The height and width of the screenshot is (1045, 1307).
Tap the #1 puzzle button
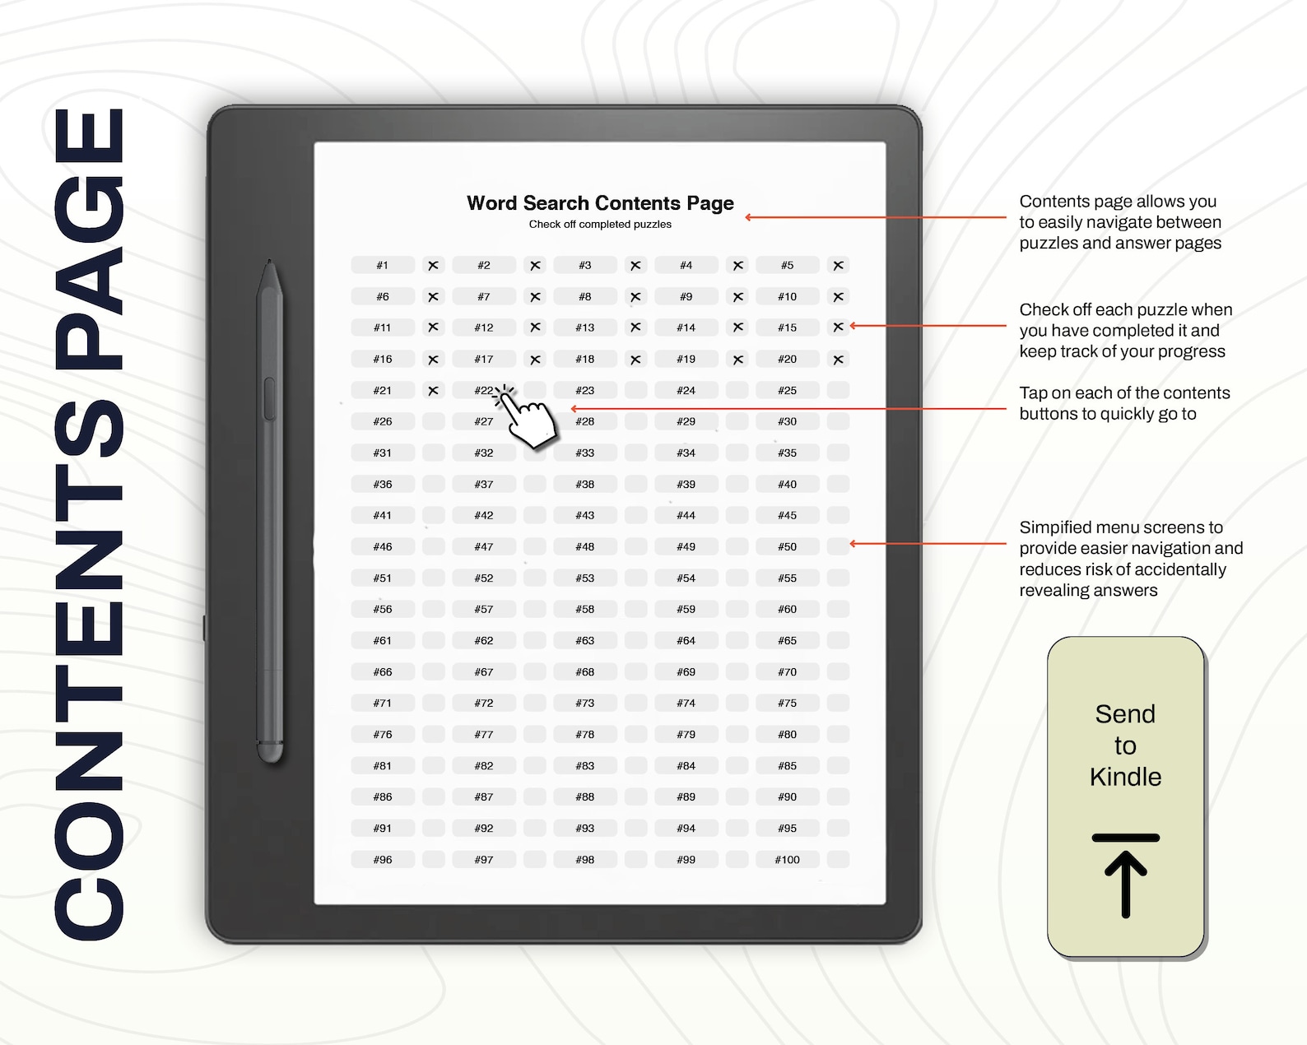click(383, 265)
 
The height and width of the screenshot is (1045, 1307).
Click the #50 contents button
click(788, 546)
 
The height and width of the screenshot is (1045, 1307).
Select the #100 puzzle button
click(788, 860)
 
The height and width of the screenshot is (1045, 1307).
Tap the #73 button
click(585, 704)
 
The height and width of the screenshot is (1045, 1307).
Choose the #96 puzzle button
click(383, 860)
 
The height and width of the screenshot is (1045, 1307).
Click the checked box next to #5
click(838, 265)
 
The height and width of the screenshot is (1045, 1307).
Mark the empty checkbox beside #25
click(838, 390)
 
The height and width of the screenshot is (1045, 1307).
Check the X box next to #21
click(433, 390)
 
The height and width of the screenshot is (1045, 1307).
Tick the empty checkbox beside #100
click(838, 860)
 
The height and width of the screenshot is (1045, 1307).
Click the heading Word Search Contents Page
click(600, 203)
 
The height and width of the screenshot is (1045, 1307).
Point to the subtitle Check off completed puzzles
click(600, 225)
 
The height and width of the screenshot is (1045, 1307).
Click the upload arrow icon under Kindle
click(1125, 875)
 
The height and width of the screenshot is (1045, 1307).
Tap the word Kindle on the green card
click(1125, 777)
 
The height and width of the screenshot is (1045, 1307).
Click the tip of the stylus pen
click(270, 263)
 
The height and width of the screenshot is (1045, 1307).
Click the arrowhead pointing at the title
click(749, 217)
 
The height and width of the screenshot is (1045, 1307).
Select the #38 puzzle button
click(585, 485)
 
